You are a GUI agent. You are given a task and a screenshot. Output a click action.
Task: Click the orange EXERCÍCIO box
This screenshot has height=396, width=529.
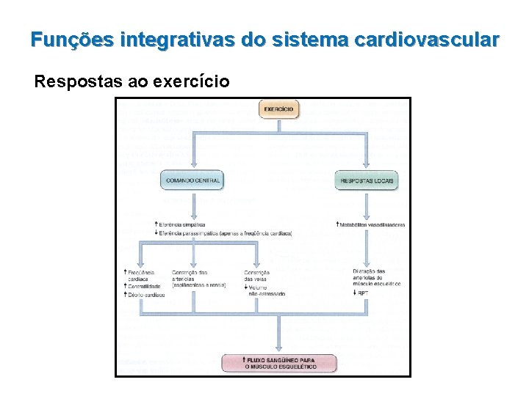point(280,110)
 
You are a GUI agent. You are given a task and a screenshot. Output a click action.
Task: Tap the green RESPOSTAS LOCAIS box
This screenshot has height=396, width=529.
point(367,180)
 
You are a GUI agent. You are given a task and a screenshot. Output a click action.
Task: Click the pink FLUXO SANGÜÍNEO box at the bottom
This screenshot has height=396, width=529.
point(280,362)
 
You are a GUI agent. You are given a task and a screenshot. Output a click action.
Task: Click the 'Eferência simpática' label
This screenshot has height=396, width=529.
point(181,224)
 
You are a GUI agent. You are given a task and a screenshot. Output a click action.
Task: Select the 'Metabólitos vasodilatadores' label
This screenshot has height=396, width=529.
point(372,224)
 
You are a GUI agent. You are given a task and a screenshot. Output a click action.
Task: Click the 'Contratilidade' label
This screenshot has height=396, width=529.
point(146,286)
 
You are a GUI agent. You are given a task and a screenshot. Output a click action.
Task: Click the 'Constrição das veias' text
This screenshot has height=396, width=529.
point(257,276)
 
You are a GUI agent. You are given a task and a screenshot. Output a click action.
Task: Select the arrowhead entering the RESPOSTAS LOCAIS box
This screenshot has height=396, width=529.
point(367,168)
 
